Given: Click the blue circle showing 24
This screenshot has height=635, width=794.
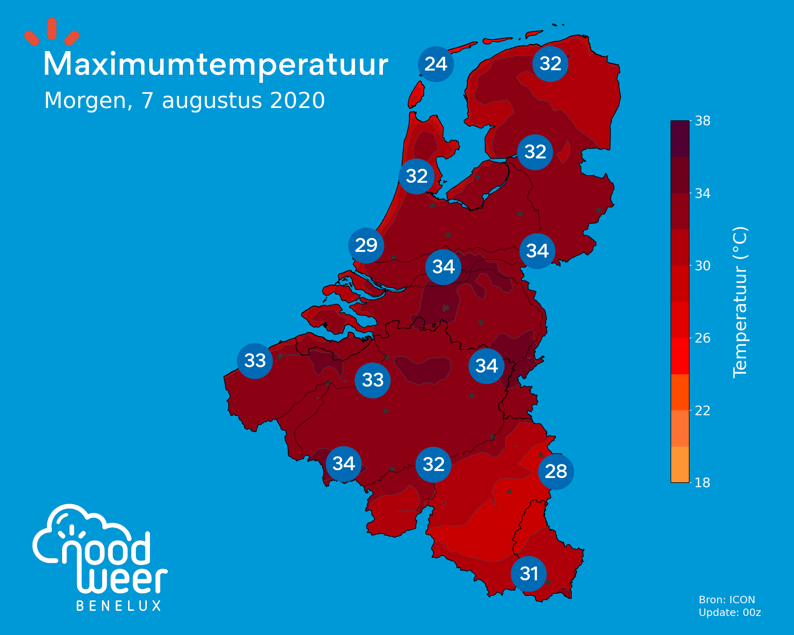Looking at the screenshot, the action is pyautogui.click(x=436, y=64).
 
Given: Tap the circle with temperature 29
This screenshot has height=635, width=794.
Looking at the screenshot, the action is pyautogui.click(x=366, y=246).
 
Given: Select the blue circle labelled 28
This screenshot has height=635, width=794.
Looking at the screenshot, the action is pyautogui.click(x=556, y=472).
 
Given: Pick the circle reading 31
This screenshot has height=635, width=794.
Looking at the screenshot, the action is pyautogui.click(x=529, y=574).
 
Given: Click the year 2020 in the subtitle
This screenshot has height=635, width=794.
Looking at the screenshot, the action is pyautogui.click(x=297, y=100).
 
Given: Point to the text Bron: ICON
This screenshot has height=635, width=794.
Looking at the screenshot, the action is pyautogui.click(x=727, y=600).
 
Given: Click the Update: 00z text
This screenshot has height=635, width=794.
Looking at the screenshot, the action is pyautogui.click(x=730, y=612).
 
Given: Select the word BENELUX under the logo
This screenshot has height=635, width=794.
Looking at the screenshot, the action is pyautogui.click(x=119, y=606).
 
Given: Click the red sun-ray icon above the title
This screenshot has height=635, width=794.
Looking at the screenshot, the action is pyautogui.click(x=52, y=32).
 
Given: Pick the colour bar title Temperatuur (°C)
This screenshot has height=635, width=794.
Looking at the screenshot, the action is pyautogui.click(x=740, y=302).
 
